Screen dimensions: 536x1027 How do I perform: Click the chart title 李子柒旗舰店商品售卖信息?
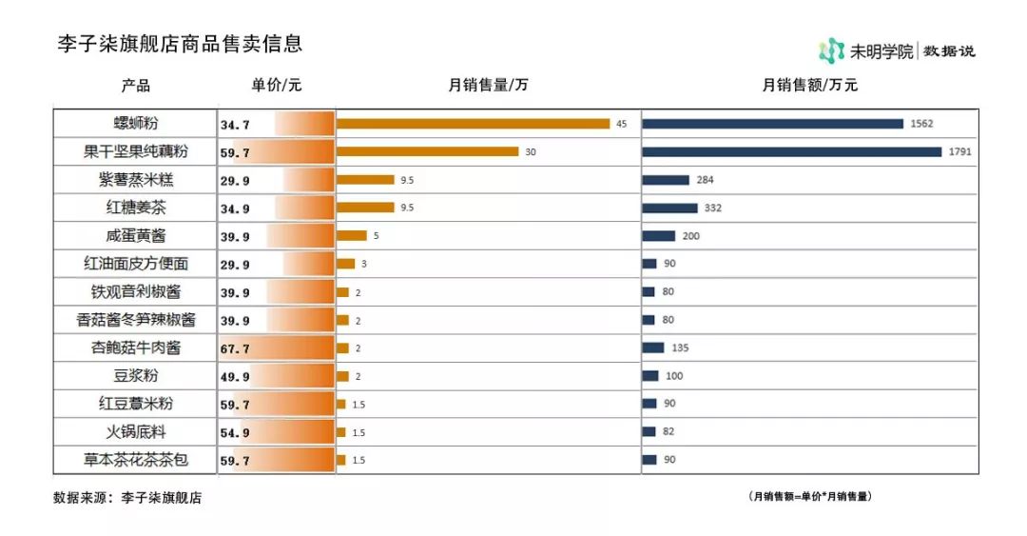[180, 44]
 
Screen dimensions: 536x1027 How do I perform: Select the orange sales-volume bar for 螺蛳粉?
[473, 123]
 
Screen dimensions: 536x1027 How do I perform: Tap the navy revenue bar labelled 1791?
[791, 151]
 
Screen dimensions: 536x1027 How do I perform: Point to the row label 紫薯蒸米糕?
[136, 179]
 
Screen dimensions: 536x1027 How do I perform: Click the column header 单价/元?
[277, 85]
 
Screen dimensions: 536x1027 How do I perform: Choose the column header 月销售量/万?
[488, 85]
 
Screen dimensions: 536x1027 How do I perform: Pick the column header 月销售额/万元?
[810, 85]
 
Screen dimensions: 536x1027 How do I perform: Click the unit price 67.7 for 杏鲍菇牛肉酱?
[235, 348]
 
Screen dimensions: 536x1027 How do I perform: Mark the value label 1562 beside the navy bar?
[922, 124]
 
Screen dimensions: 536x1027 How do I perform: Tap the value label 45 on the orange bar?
[622, 124]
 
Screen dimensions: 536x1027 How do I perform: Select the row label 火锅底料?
[136, 432]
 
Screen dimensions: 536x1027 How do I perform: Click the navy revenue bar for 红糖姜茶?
[669, 208]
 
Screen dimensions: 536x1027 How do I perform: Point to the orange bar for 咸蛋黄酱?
[351, 235]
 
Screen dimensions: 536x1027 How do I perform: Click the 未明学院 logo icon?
[831, 50]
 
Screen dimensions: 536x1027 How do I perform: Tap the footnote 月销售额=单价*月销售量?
[810, 496]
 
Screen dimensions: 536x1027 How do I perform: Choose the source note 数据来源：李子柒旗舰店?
[127, 497]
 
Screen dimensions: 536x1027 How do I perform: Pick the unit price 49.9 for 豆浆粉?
[235, 376]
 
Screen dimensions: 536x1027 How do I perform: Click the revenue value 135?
[680, 348]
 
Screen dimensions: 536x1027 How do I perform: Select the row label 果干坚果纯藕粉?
[136, 151]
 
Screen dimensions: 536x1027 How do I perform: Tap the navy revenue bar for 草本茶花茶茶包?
[649, 460]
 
